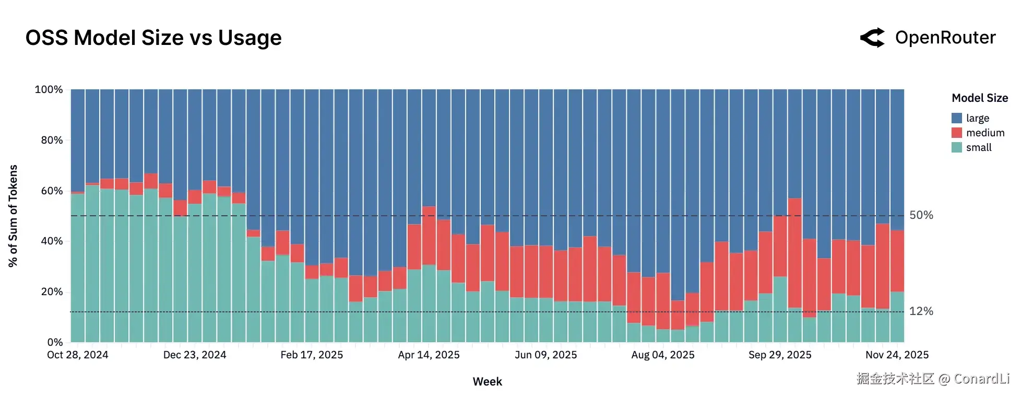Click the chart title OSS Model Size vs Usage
coord(153,38)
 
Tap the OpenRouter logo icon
coord(872,38)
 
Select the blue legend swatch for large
coord(956,118)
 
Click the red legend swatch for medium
coord(956,133)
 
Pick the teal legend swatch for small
coord(956,147)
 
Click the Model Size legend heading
coord(979,98)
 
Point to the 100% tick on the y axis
coord(49,89)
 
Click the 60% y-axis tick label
coord(52,191)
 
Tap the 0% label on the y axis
coord(55,342)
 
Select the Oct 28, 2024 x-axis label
coord(78,355)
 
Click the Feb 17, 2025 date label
coord(312,355)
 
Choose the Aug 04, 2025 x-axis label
coord(662,355)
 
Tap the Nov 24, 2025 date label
coord(897,355)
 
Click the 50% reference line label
coord(921,215)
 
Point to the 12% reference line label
coord(921,311)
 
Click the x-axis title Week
coord(487,382)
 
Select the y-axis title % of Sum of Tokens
coord(13,216)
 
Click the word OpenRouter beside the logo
coord(945,38)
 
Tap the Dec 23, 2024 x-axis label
coord(195,355)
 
